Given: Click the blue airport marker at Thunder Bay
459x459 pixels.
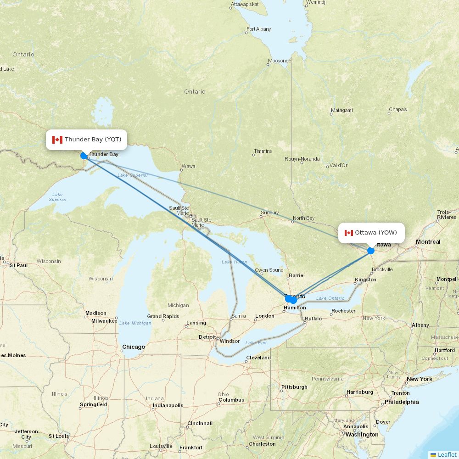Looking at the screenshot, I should pos(84,156).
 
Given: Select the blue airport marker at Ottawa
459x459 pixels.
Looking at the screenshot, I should pos(371,251).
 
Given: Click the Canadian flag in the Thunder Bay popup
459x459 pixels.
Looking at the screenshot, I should pos(57,140).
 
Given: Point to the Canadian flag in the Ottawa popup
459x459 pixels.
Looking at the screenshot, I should pos(349,233).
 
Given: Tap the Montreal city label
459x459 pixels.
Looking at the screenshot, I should pos(428,242).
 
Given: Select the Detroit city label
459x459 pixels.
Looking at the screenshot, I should pos(207,337).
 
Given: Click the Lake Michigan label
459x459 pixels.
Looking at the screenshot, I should pos(135,323).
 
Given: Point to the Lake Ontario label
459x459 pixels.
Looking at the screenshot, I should pos(330,298).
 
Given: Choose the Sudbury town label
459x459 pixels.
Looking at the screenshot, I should pos(269,213).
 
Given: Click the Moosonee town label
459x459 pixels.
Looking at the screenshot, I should pos(280,61).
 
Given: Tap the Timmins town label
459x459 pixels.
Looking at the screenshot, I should pos(263,151).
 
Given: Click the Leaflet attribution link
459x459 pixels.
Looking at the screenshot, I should pos(447,454).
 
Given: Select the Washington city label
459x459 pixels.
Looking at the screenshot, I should pos(362,434).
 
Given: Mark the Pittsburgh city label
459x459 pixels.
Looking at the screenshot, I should pos(294,387).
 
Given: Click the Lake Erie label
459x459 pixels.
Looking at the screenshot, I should pos(256,343).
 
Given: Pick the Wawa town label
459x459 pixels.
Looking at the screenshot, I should pos(188,166).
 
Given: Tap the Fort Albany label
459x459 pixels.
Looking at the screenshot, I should pos(258,29).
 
